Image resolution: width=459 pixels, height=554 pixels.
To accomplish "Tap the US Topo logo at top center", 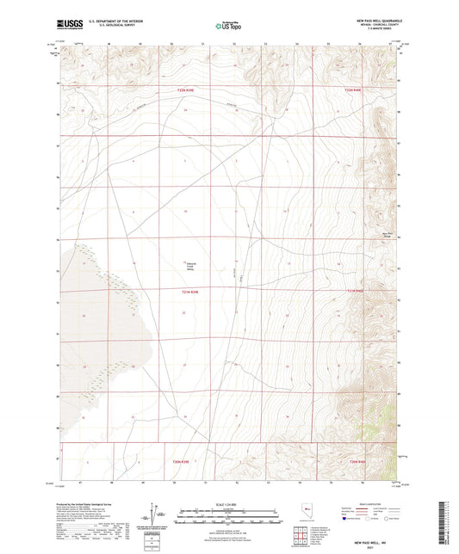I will click(228, 26).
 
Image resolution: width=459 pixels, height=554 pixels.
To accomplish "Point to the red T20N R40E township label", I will click(357, 461).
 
